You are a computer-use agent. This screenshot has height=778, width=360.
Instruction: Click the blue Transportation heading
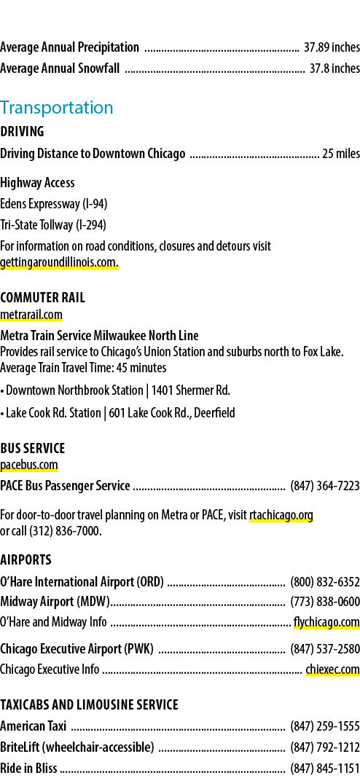point(57,108)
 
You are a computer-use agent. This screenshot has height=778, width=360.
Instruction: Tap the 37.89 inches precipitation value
point(332,47)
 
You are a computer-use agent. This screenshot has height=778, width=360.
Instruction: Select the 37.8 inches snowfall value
point(334,68)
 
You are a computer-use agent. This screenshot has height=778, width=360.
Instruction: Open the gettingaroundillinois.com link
point(59,263)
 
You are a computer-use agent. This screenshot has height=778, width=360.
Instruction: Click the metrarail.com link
point(31,315)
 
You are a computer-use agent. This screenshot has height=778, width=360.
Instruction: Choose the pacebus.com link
point(29,465)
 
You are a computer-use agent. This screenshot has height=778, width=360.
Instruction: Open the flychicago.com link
point(326,621)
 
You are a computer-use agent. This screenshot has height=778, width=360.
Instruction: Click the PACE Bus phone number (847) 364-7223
point(325,487)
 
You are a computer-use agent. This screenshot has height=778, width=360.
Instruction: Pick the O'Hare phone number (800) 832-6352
point(325,581)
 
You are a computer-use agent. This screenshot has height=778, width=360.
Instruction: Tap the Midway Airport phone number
point(325,602)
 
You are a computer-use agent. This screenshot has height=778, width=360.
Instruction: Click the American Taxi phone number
point(325,727)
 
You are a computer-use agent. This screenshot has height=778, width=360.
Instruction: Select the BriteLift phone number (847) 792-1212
point(325,747)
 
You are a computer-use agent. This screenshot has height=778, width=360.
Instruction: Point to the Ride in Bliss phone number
point(325,769)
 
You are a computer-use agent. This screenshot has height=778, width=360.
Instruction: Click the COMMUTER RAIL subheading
point(43,298)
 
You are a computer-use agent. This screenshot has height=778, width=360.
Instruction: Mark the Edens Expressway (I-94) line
point(54,204)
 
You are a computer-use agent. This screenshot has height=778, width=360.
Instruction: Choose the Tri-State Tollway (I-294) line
point(53,225)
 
